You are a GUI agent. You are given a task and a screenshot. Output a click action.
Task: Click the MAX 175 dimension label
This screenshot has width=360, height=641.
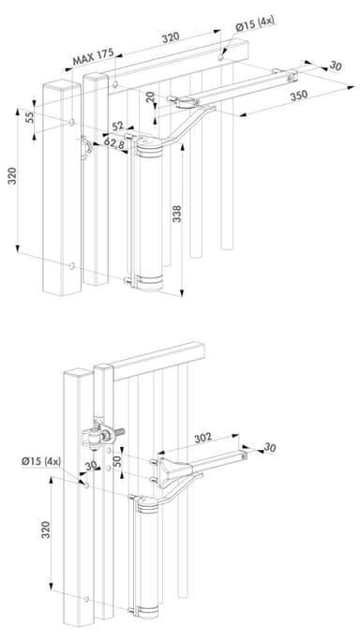click(x=93, y=57)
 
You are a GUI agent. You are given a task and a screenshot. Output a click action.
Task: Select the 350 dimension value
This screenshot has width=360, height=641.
click(x=299, y=97)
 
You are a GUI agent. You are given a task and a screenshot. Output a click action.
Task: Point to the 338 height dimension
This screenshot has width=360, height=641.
click(x=177, y=214)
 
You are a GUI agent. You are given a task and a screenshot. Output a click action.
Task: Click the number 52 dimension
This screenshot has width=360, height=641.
click(x=118, y=127)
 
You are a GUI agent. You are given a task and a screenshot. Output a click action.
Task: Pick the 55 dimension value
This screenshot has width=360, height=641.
click(x=30, y=117)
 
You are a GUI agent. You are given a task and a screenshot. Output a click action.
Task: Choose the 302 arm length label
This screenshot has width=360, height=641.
click(x=202, y=438)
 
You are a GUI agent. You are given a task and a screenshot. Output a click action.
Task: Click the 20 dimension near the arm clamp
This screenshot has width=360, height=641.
click(x=151, y=97)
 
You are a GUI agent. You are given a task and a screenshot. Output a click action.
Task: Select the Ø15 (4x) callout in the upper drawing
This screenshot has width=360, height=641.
click(x=254, y=23)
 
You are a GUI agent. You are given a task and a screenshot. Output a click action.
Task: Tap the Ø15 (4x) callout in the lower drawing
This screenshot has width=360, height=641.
click(x=41, y=462)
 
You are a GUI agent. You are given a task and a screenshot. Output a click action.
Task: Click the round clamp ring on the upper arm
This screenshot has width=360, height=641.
click(x=187, y=102)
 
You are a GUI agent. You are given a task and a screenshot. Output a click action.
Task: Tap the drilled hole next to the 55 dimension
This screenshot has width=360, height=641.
click(x=72, y=122)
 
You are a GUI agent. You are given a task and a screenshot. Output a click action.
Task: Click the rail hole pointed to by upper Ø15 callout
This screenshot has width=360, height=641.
click(x=220, y=57)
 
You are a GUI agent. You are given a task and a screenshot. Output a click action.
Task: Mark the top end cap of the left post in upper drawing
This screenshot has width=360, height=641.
click(x=62, y=85)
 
